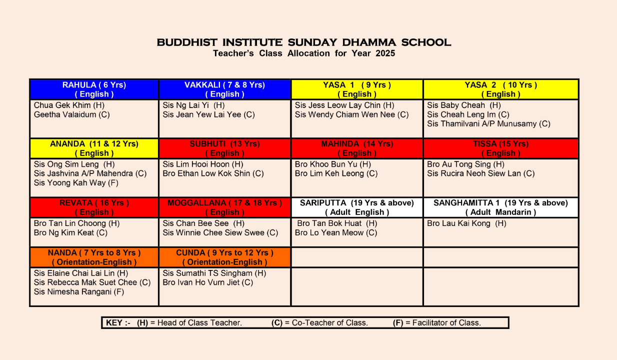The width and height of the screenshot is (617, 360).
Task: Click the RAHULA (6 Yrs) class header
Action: pyautogui.click(x=94, y=89)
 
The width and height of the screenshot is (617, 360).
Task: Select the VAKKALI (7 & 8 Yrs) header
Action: pyautogui.click(x=224, y=89)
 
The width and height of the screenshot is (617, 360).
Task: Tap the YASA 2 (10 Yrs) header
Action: pyautogui.click(x=500, y=89)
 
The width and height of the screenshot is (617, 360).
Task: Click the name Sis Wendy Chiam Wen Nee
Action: pyautogui.click(x=351, y=114)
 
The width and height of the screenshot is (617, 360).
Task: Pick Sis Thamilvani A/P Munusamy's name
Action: pyautogui.click(x=488, y=123)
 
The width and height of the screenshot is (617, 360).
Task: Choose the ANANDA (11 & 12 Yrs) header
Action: pyautogui.click(x=94, y=148)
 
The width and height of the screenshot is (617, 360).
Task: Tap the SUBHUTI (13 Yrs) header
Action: pyautogui.click(x=224, y=148)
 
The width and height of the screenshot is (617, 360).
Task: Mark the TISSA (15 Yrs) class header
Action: pyautogui.click(x=500, y=148)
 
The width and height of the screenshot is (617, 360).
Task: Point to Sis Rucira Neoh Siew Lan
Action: pyautogui.click(x=480, y=173)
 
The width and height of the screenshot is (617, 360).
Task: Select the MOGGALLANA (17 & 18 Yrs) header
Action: pyautogui.click(x=224, y=207)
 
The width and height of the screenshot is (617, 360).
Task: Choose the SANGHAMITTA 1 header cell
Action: pyautogui.click(x=500, y=207)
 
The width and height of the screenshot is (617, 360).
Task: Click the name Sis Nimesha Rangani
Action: pyautogui.click(x=78, y=291)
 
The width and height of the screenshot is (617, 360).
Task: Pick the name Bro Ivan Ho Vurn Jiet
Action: pyautogui.click(x=207, y=282)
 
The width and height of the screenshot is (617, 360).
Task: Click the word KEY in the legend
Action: pyautogui.click(x=114, y=323)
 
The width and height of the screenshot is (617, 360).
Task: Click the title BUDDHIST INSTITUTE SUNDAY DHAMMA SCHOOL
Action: pyautogui.click(x=303, y=42)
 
